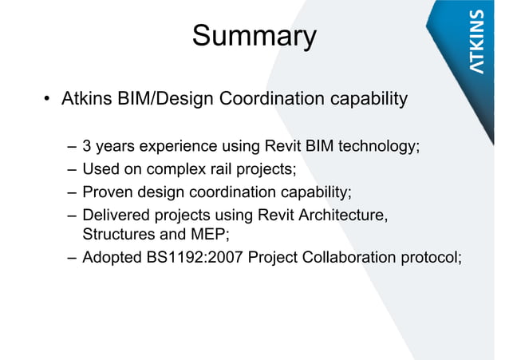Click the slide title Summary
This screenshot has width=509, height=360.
[x=254, y=37]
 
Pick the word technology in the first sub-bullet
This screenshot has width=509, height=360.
[x=379, y=147]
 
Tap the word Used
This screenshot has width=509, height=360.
[x=101, y=169]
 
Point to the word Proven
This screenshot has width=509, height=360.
[x=108, y=192]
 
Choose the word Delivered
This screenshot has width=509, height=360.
[x=116, y=215]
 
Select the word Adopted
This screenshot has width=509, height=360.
[x=112, y=257]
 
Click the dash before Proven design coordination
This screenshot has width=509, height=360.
[x=73, y=192]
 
